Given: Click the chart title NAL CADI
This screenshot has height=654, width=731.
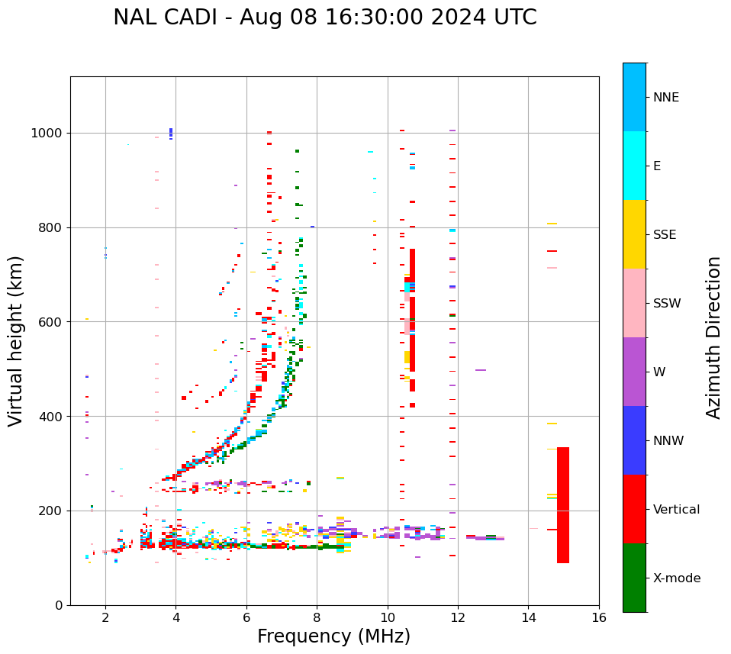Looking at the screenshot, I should [x=325, y=18].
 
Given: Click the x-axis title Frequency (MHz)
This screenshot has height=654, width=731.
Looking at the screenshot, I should [x=333, y=636].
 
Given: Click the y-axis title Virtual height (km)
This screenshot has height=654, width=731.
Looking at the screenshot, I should [x=16, y=340].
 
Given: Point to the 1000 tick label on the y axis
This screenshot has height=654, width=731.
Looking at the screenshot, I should [x=47, y=133].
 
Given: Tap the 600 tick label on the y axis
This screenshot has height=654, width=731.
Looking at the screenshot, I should [x=51, y=322].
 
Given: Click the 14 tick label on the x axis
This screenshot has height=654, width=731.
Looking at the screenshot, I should [x=528, y=617].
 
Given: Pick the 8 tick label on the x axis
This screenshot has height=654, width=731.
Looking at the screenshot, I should [x=317, y=617].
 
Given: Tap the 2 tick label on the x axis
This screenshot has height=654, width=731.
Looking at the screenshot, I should [x=105, y=617].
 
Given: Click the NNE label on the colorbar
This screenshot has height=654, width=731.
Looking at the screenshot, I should [x=665, y=98].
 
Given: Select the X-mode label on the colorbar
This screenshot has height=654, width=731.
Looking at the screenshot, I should [x=676, y=578].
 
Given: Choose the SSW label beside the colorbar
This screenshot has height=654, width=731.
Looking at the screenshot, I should [x=666, y=304].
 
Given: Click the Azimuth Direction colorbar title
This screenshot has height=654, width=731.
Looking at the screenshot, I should [x=713, y=337].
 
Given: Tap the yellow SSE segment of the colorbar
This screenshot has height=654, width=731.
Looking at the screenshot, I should [x=634, y=234].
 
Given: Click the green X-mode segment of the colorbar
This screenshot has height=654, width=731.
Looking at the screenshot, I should [x=634, y=578].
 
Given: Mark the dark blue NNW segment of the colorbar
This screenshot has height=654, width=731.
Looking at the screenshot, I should [x=634, y=440].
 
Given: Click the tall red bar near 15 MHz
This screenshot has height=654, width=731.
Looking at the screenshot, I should [x=563, y=504].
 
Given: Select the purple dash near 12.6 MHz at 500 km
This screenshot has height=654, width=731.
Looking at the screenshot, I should [x=481, y=370].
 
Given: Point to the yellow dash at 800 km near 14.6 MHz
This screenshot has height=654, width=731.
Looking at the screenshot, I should [x=552, y=224].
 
